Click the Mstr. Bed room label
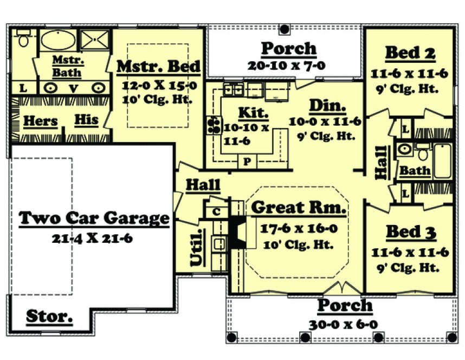point(158,67)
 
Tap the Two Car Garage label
point(94,218)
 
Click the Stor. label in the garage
point(50,316)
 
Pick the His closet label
point(86,119)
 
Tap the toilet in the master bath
point(23,39)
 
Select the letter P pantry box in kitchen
point(247,161)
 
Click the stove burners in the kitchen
point(213,125)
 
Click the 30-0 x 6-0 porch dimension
point(344,324)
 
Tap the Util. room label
point(198,248)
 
